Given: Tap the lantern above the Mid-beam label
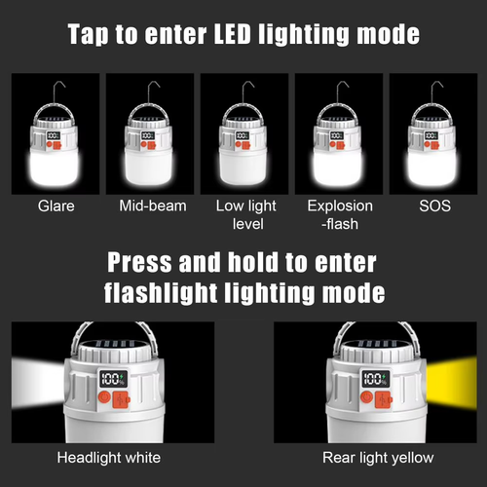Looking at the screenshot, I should coord(151,146).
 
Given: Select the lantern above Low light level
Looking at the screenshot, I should coord(243,146).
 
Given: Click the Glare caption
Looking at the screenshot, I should coord(56,206).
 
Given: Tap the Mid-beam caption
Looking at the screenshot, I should coord(151,206).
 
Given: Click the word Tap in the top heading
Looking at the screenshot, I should coord(92,35).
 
